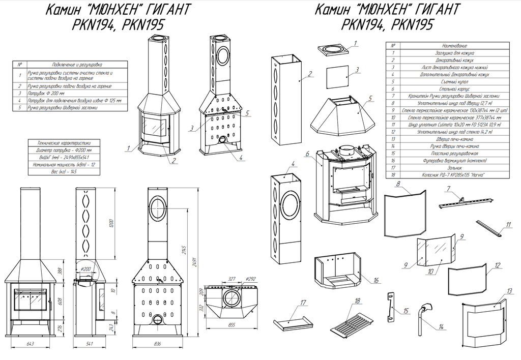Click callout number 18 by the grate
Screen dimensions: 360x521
[x=357, y=301]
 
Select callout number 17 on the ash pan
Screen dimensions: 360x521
[x=304, y=303]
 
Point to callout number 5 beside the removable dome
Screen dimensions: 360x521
[x=370, y=98]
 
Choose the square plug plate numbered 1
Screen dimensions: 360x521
[x=333, y=50]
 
